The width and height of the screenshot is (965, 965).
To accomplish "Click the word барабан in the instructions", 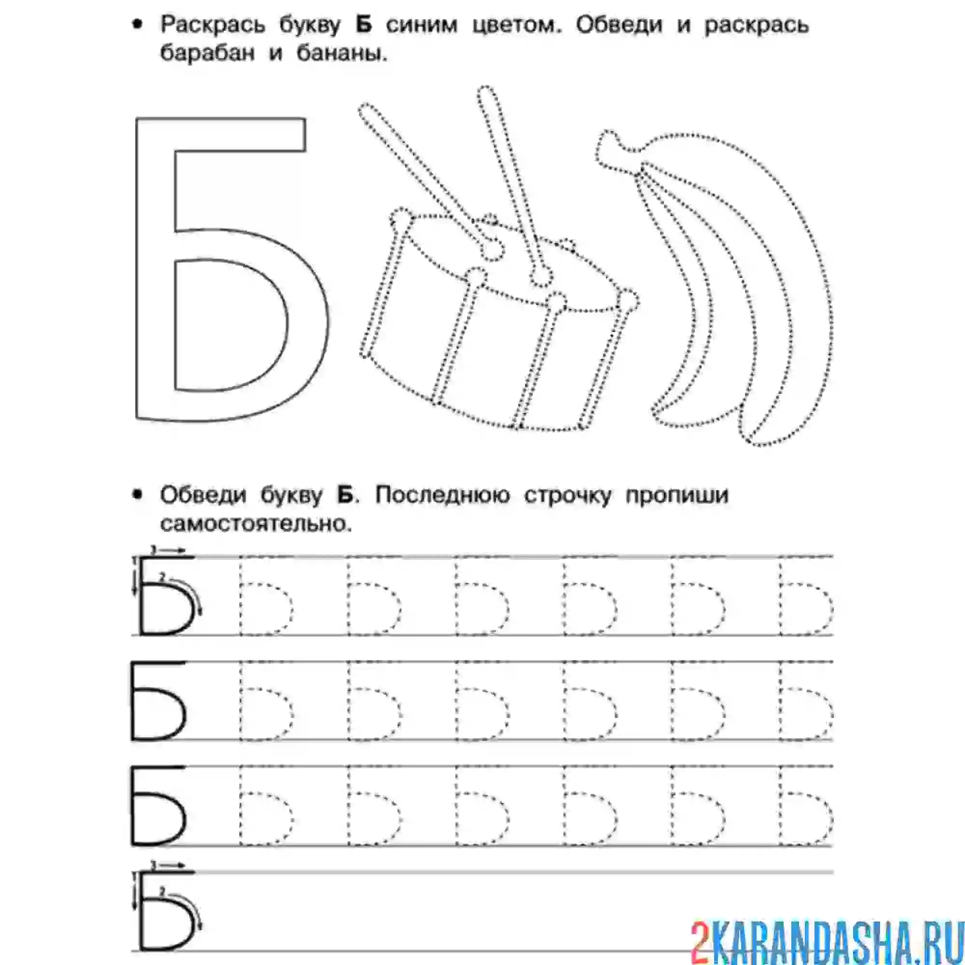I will tap(207, 53).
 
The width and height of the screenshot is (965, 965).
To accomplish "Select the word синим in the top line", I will tap(421, 25).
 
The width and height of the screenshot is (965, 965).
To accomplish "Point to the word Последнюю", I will tap(442, 495).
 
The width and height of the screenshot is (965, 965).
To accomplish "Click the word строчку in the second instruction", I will tap(567, 495).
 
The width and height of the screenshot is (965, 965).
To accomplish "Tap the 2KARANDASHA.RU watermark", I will tap(826, 940).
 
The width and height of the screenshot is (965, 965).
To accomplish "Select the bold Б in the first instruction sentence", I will tap(364, 25).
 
